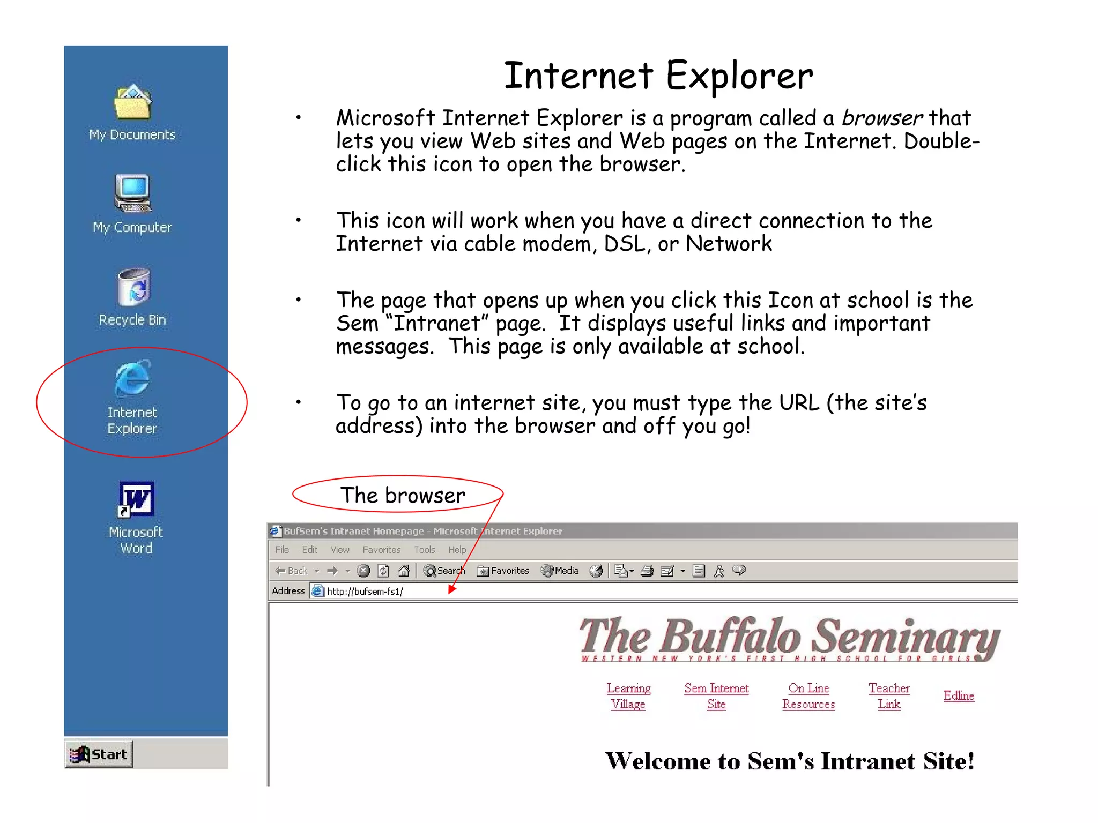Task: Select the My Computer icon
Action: click(132, 193)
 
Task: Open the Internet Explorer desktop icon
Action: click(132, 379)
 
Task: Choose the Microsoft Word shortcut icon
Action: click(136, 499)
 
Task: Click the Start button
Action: click(100, 754)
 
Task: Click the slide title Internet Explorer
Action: click(658, 76)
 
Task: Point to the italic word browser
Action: click(882, 118)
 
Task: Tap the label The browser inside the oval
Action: click(403, 495)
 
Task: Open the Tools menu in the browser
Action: click(424, 550)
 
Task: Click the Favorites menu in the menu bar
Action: click(381, 550)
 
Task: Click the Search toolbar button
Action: click(444, 571)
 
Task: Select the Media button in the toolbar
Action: click(560, 571)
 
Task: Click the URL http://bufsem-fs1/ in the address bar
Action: click(365, 592)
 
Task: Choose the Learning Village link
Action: click(628, 696)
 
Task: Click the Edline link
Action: click(959, 695)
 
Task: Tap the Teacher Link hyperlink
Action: click(889, 696)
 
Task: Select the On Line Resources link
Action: click(808, 696)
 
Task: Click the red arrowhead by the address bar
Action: click(452, 589)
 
